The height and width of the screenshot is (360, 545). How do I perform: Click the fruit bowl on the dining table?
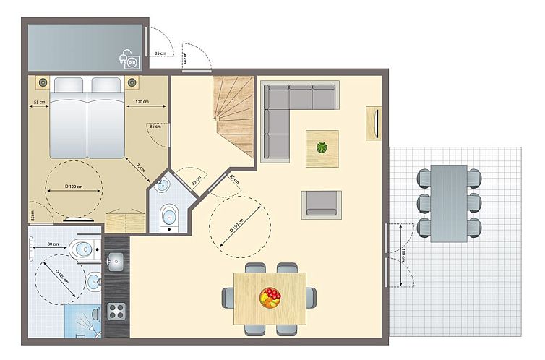[270, 297]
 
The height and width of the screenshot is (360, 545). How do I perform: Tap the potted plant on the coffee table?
[322, 148]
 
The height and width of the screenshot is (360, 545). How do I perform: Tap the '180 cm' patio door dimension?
[402, 256]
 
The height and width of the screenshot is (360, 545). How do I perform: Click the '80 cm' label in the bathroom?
[52, 244]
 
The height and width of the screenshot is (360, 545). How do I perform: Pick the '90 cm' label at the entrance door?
[185, 59]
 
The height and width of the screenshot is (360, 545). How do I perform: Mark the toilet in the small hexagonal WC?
[169, 214]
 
